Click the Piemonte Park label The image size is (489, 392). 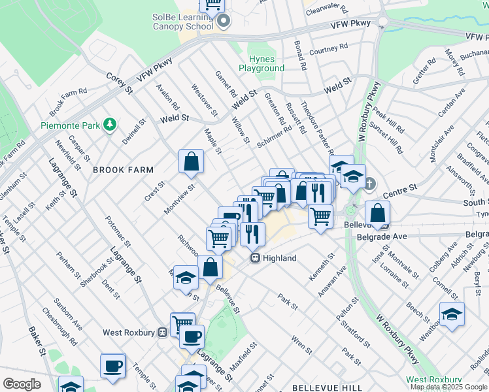69,125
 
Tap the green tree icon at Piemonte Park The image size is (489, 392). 110,123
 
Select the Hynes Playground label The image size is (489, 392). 261,63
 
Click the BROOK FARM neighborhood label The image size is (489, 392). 123,170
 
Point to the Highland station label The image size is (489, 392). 280,259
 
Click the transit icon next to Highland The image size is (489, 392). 257,259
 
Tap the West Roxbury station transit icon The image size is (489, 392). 162,333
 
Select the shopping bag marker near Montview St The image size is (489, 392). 191,162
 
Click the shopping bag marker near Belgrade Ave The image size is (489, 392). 378,213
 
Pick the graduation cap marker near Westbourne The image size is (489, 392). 452,315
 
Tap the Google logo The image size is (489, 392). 22,384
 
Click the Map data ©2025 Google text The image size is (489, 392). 448,387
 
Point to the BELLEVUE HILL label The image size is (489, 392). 318,387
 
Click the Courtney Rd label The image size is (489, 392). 328,49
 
